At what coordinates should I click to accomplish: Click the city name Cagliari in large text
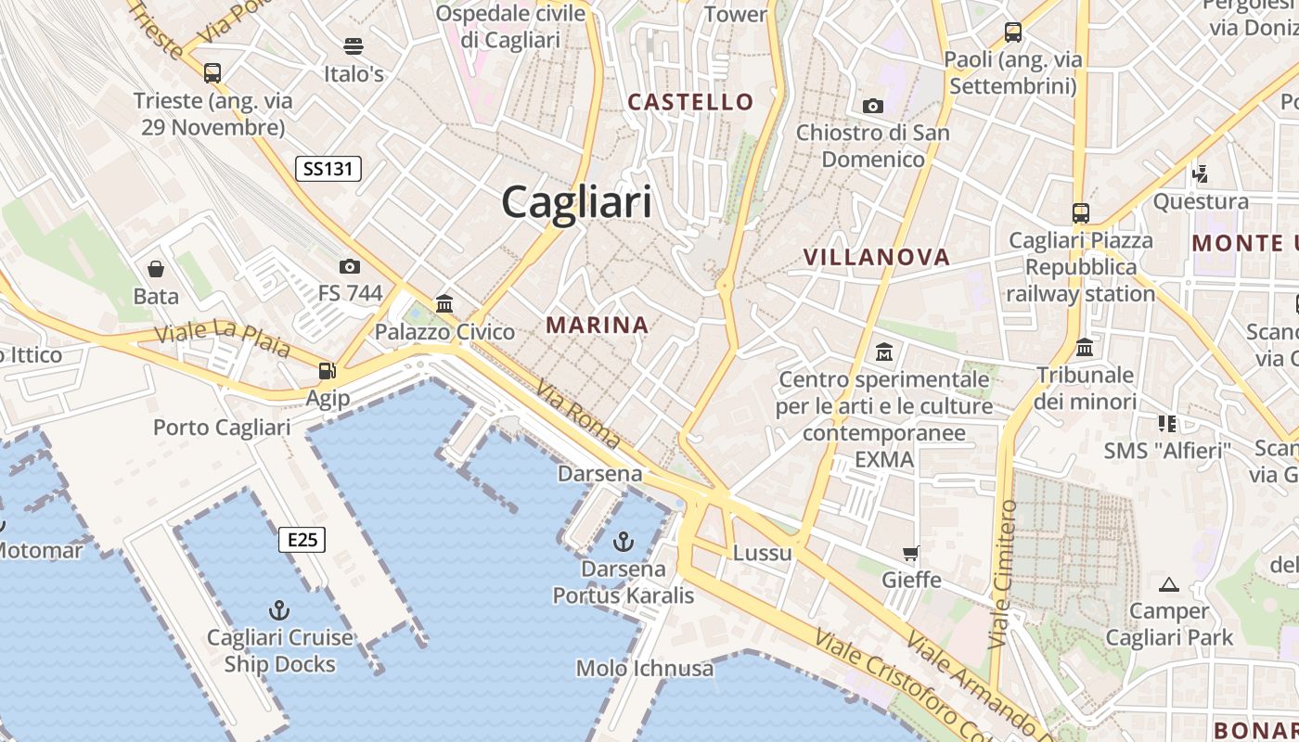click(576, 201)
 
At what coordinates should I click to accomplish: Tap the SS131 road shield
click(328, 169)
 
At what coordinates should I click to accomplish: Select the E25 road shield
click(302, 539)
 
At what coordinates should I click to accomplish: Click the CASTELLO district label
click(690, 102)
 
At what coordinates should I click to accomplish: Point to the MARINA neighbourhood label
click(597, 326)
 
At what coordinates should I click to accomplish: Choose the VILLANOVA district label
click(876, 257)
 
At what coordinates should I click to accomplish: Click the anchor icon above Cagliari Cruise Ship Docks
click(278, 609)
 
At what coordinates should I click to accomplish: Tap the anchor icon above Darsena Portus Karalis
click(624, 540)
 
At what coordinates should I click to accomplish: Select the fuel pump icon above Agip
click(327, 370)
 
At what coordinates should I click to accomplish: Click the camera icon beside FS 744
click(349, 266)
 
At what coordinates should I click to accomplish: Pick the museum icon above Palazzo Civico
click(444, 303)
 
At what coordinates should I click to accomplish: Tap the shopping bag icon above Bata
click(156, 269)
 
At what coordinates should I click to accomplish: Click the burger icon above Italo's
click(353, 45)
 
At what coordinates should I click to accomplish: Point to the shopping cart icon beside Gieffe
click(911, 553)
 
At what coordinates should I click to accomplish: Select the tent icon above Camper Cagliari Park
click(1169, 584)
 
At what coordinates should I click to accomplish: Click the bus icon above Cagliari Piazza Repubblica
click(1081, 212)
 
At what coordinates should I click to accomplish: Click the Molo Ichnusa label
click(645, 668)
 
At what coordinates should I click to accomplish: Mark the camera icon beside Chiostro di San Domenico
click(872, 106)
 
